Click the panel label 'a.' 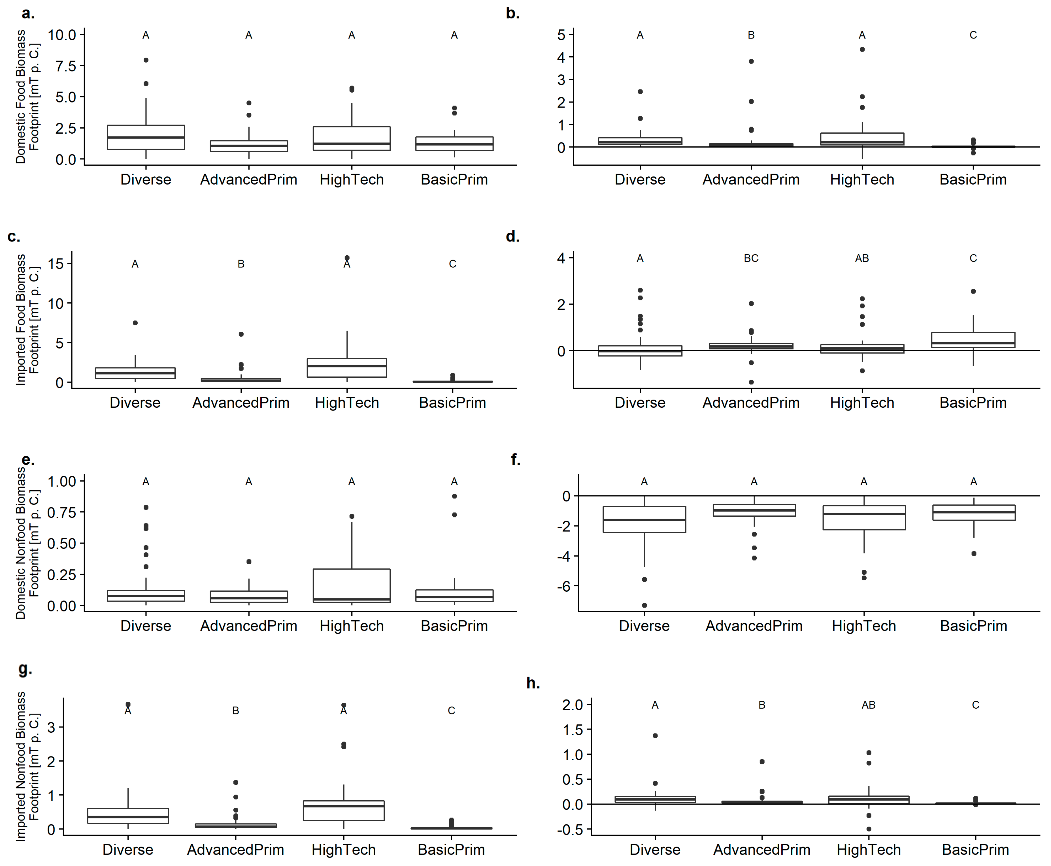pos(28,14)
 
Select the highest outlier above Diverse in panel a pos(146,60)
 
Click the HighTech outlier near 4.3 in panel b pos(862,49)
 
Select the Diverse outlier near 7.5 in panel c pos(135,323)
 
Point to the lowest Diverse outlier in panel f pos(644,605)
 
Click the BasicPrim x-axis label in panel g pos(451,850)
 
